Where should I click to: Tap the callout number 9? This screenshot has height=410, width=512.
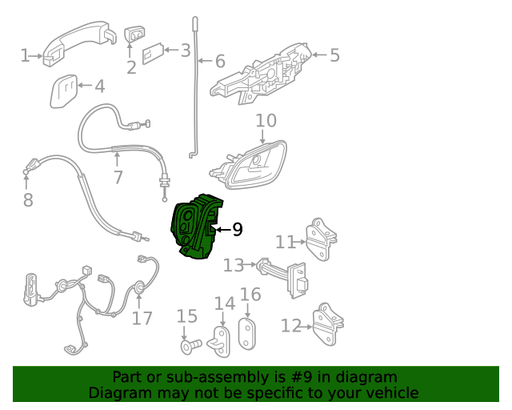[238, 230]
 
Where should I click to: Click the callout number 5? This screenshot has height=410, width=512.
[334, 55]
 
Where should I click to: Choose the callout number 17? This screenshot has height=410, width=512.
[142, 319]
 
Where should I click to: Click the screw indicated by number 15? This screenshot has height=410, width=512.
[191, 347]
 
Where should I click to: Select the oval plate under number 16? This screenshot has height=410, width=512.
[247, 334]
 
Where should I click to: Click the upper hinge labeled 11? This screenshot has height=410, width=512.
[320, 239]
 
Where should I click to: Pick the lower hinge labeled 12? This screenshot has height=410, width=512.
[327, 324]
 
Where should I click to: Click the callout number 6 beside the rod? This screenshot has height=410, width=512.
[221, 61]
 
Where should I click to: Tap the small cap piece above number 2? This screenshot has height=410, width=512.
[134, 34]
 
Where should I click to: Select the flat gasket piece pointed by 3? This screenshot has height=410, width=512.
[153, 54]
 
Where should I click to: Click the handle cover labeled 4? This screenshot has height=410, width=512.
[64, 91]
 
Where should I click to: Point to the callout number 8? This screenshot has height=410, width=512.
[28, 199]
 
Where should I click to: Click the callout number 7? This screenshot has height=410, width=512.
[118, 177]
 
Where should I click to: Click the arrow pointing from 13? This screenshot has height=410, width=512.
[250, 264]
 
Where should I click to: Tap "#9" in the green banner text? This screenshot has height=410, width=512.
[302, 377]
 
